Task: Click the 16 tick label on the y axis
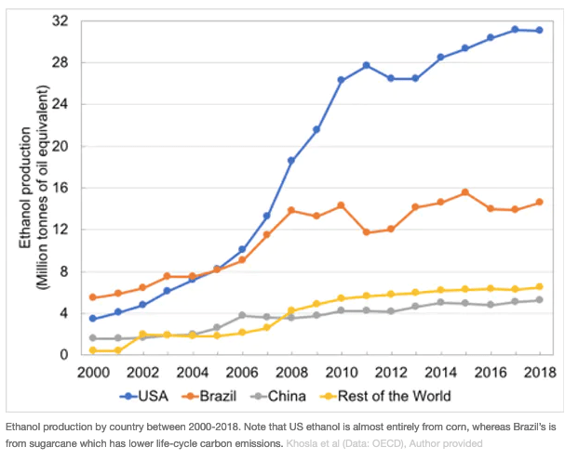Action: pyautogui.click(x=61, y=188)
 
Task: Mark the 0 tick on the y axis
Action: pyautogui.click(x=65, y=355)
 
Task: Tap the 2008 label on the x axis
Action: pyautogui.click(x=291, y=372)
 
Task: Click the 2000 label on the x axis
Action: pyautogui.click(x=93, y=372)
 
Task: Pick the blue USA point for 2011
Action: pyautogui.click(x=366, y=65)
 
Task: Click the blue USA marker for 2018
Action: pyautogui.click(x=539, y=31)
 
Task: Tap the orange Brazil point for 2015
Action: pyautogui.click(x=464, y=192)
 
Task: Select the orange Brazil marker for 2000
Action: pyautogui.click(x=93, y=297)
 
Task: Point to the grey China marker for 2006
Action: pyautogui.click(x=242, y=316)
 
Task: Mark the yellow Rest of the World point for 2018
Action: pyautogui.click(x=539, y=287)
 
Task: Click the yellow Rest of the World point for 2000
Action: pyautogui.click(x=93, y=350)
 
